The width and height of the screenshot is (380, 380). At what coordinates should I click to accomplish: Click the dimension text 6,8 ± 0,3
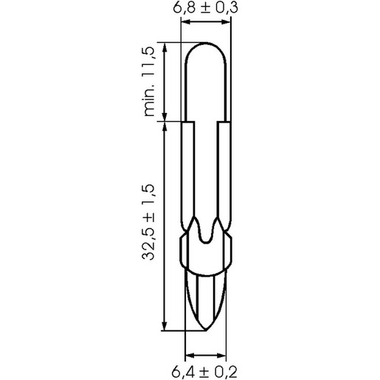pos(205,7)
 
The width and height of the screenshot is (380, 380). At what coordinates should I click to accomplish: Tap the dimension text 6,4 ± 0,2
pos(204,372)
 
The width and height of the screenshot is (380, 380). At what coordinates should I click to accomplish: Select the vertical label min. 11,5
pos(149,82)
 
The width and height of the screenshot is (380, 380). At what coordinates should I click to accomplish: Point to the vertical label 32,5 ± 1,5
pos(148,222)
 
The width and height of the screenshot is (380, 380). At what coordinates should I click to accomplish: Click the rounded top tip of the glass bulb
pos(206,43)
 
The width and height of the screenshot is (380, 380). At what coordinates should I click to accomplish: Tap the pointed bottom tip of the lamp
pos(205,331)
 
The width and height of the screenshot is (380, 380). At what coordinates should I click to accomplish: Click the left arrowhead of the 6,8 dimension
pos(186,22)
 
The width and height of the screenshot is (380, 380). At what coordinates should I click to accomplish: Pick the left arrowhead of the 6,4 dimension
pos(190,355)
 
